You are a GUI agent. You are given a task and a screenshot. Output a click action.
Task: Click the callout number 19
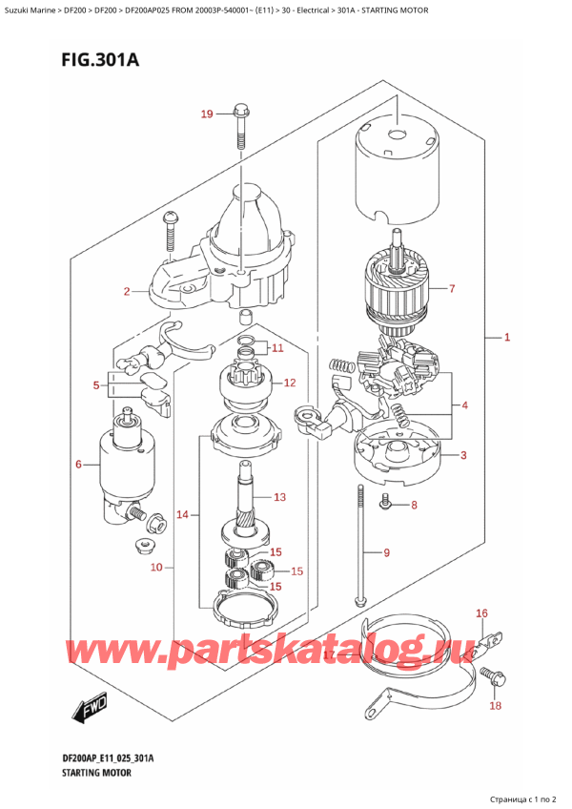206,114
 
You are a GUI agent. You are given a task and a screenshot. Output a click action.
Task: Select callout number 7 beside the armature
452,288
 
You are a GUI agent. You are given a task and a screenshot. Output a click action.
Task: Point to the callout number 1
507,338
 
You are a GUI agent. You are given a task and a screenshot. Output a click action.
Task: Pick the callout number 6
78,465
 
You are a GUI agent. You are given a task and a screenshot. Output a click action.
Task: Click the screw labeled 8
385,501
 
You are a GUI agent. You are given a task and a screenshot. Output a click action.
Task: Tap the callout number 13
279,497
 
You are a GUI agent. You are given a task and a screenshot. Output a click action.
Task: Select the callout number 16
481,613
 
